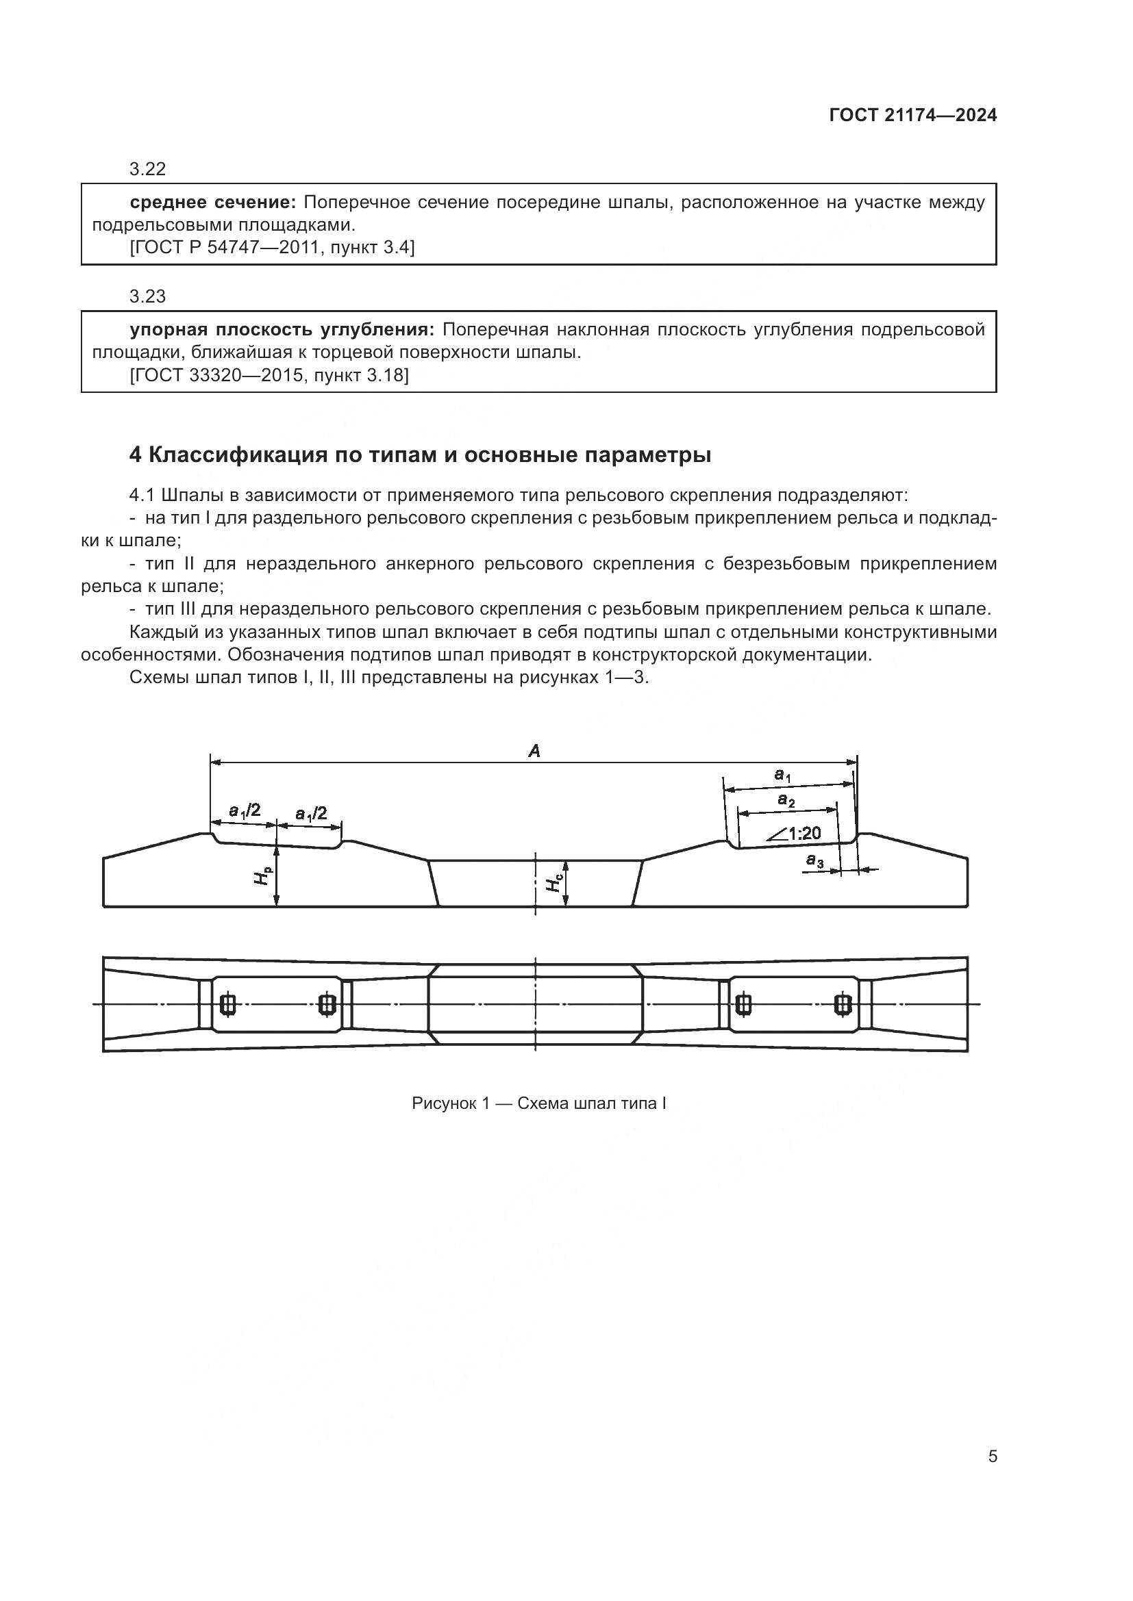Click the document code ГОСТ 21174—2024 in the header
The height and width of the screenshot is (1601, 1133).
pos(912,116)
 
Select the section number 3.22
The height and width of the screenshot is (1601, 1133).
pos(147,169)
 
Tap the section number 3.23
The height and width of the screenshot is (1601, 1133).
pos(147,296)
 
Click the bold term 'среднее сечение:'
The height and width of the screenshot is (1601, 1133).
pos(214,203)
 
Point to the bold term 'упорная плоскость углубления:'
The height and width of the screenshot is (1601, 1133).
pos(282,330)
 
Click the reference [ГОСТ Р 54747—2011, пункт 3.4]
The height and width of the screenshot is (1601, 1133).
pos(272,248)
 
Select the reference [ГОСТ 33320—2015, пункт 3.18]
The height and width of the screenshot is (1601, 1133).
pos(269,375)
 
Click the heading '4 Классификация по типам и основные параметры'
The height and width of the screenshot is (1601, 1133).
pos(420,454)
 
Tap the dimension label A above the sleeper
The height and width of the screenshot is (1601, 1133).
pos(534,751)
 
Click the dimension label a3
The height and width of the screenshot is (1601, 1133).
pos(814,861)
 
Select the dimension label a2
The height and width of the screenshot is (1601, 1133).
pos(786,802)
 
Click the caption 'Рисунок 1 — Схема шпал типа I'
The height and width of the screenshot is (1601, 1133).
pos(538,1103)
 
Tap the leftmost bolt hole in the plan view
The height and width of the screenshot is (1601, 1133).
pos(227,1004)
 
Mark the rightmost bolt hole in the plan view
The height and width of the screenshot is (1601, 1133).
pos(843,1004)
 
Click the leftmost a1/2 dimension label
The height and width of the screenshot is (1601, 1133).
pos(245,810)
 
